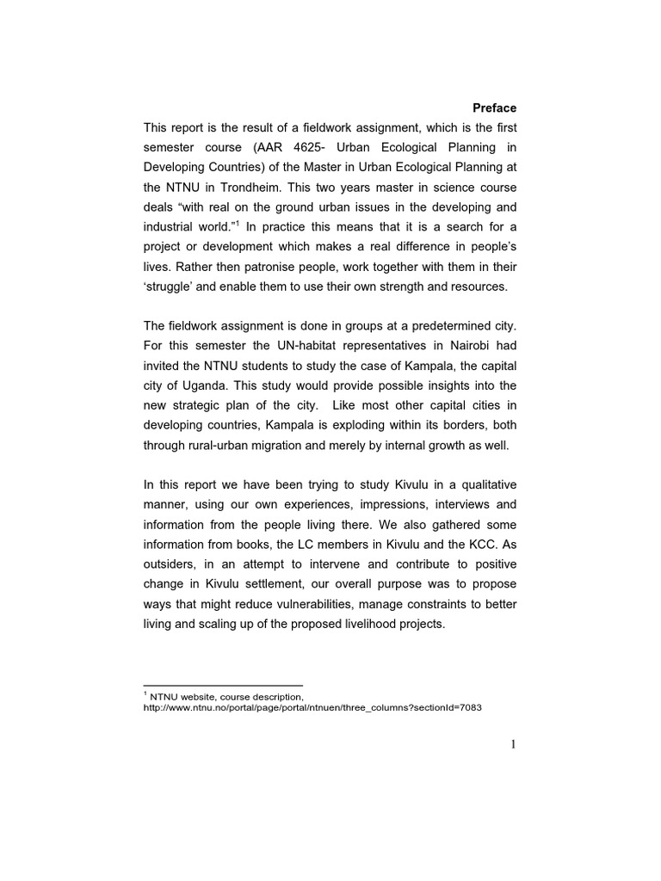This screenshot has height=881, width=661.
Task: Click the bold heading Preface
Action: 494,108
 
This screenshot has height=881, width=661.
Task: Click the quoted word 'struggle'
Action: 170,286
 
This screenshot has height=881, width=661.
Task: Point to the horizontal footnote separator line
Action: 223,685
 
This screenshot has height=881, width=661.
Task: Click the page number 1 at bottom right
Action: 513,744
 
